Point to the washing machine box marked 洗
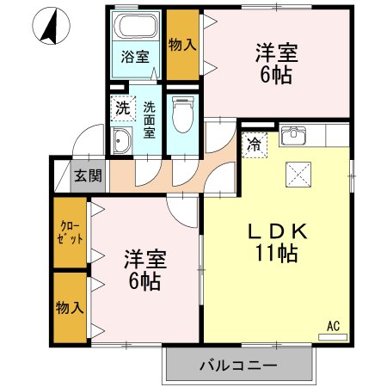123,109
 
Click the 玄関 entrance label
87,175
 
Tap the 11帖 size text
275,254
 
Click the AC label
333,325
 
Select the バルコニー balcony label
238,365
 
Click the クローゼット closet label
71,233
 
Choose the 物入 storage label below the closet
71,306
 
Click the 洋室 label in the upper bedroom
276,52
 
